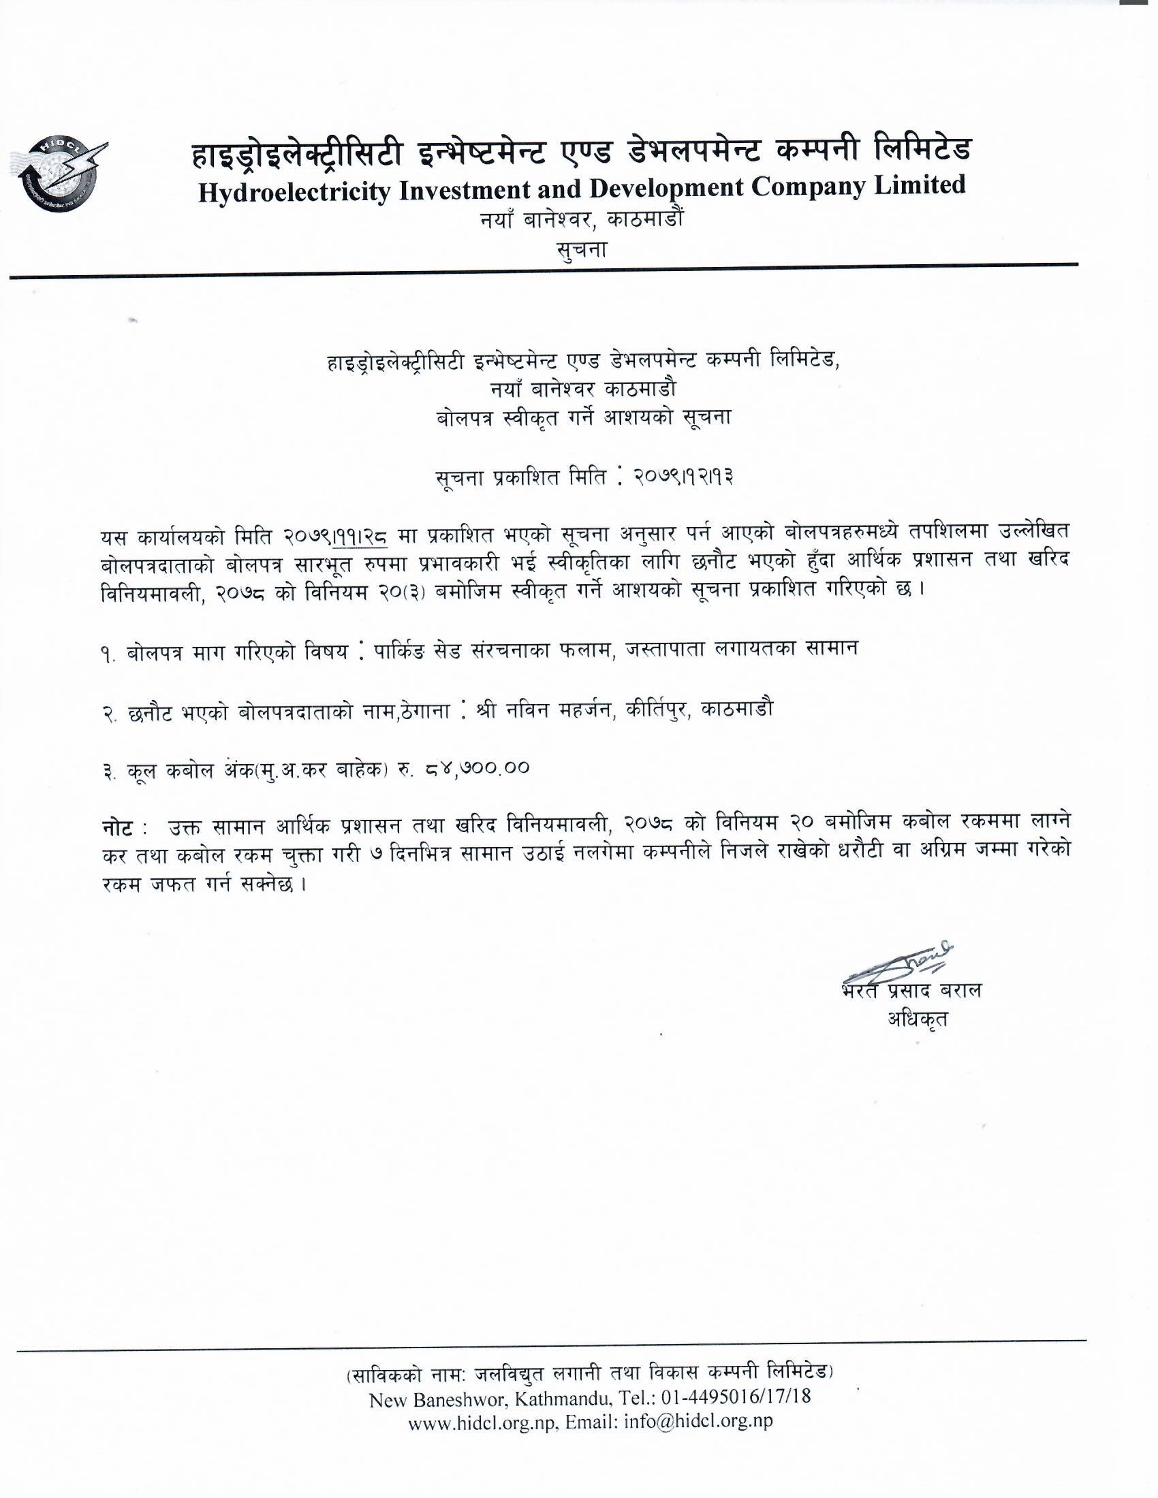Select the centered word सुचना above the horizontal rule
pyautogui.click(x=582, y=249)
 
